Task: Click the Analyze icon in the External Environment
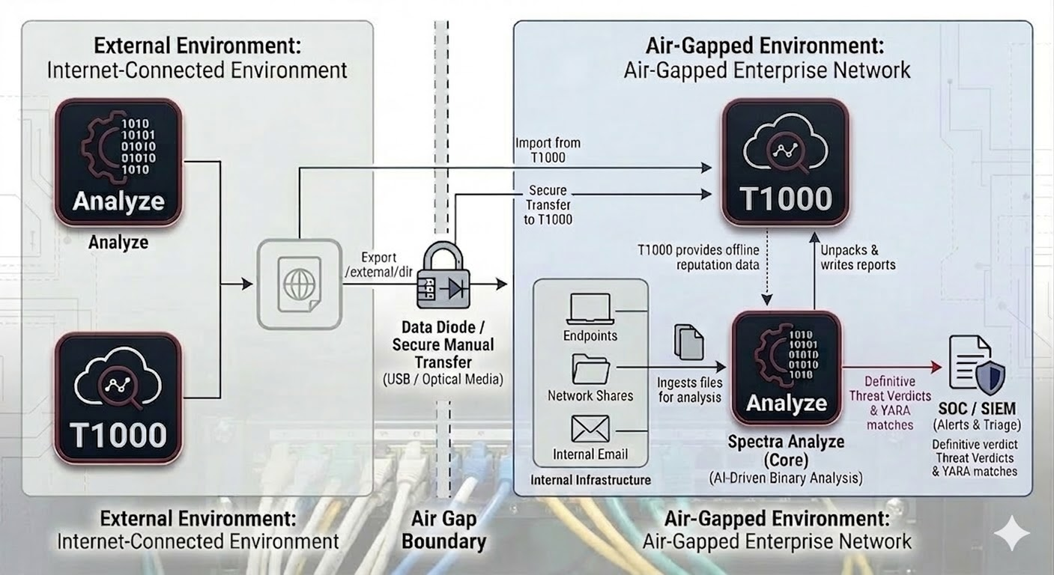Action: click(118, 162)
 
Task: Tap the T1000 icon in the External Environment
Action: click(118, 398)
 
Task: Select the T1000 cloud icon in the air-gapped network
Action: click(786, 162)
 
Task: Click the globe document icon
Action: click(300, 284)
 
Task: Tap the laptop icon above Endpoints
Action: click(590, 308)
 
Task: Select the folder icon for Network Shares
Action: click(590, 369)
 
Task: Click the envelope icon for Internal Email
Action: click(590, 429)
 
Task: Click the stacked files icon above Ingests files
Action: click(688, 341)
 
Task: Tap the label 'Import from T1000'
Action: click(548, 150)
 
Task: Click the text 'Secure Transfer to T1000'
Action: click(548, 205)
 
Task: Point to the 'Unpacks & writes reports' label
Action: click(858, 257)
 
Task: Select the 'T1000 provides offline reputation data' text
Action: click(698, 257)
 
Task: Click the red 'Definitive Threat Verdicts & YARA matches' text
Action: click(890, 404)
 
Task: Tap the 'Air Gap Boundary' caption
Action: click(443, 530)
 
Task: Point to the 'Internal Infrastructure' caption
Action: click(590, 480)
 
